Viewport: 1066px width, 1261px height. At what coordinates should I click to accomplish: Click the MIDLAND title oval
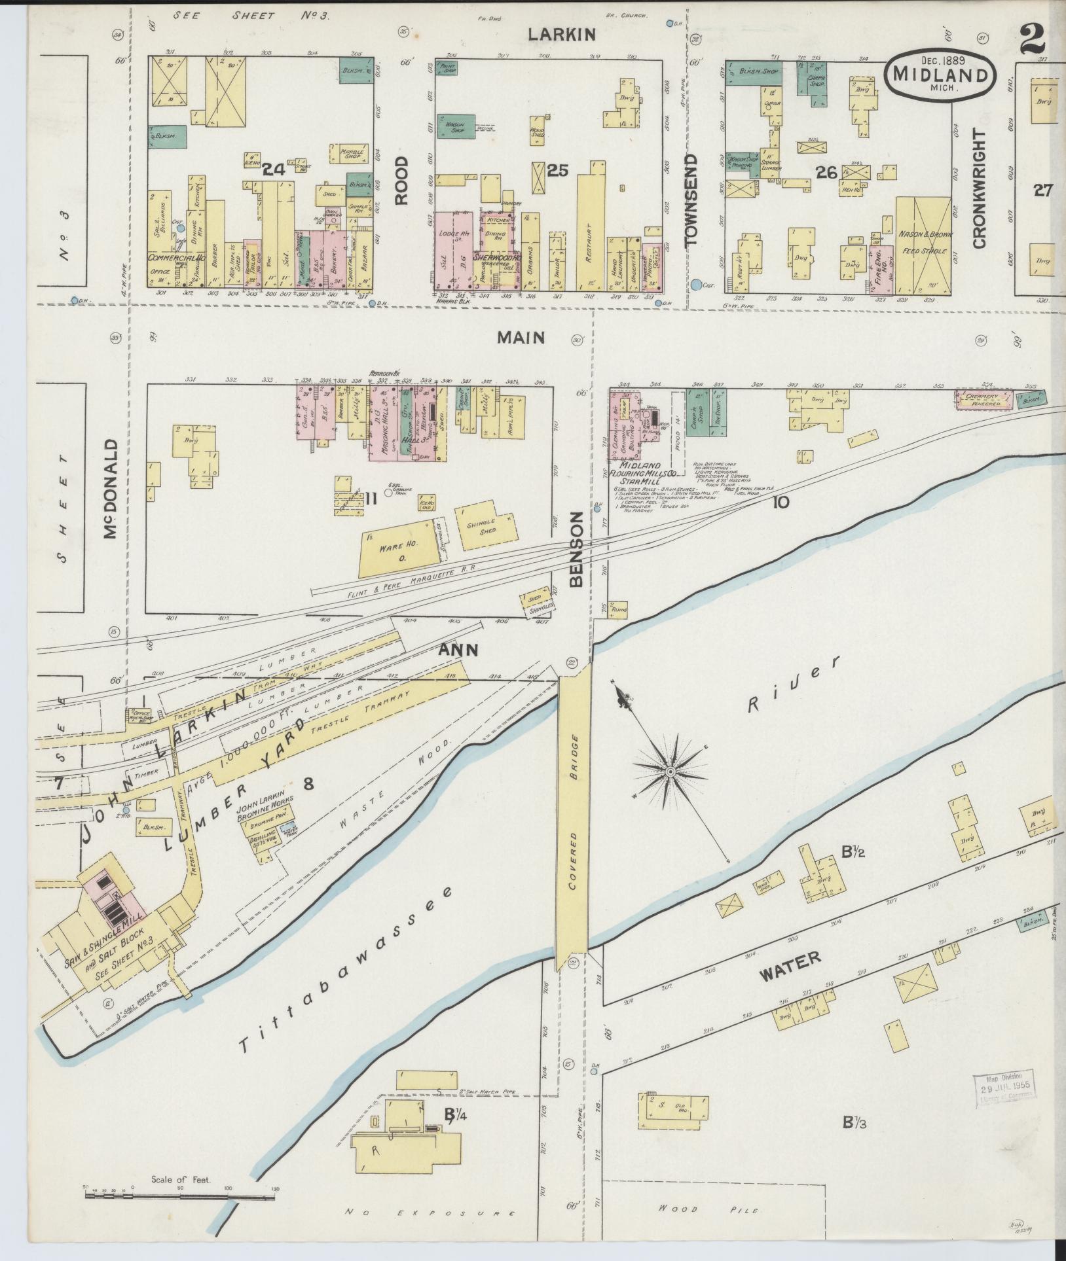(940, 73)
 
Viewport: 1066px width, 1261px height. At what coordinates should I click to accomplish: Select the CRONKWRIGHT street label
(979, 188)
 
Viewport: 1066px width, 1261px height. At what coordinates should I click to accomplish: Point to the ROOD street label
(402, 180)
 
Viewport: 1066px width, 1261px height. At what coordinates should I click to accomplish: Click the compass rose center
(671, 772)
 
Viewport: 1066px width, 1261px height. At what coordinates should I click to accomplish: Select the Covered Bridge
(573, 825)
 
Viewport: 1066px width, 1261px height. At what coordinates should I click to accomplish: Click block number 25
(557, 171)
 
